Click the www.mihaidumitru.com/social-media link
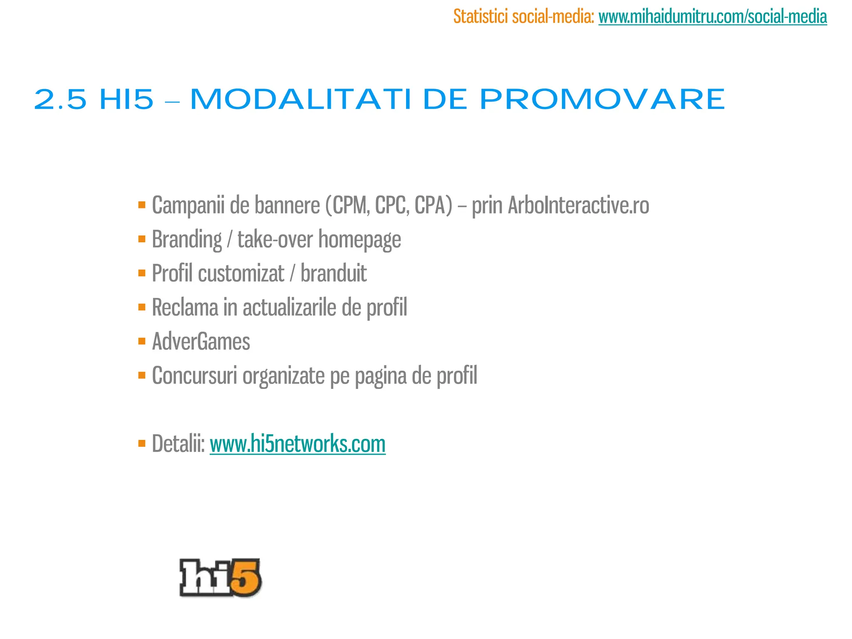pyautogui.click(x=712, y=17)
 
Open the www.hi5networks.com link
pyautogui.click(x=297, y=443)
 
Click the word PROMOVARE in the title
pyautogui.click(x=602, y=100)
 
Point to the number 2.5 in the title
pyautogui.click(x=60, y=100)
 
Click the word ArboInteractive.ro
pyautogui.click(x=578, y=205)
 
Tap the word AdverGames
pyautogui.click(x=201, y=342)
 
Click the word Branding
pyautogui.click(x=187, y=239)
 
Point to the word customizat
pyautogui.click(x=241, y=273)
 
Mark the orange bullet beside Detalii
pyautogui.click(x=142, y=443)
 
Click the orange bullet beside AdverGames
pyautogui.click(x=142, y=342)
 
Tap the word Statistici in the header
pyautogui.click(x=480, y=17)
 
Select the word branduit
pyautogui.click(x=334, y=273)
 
